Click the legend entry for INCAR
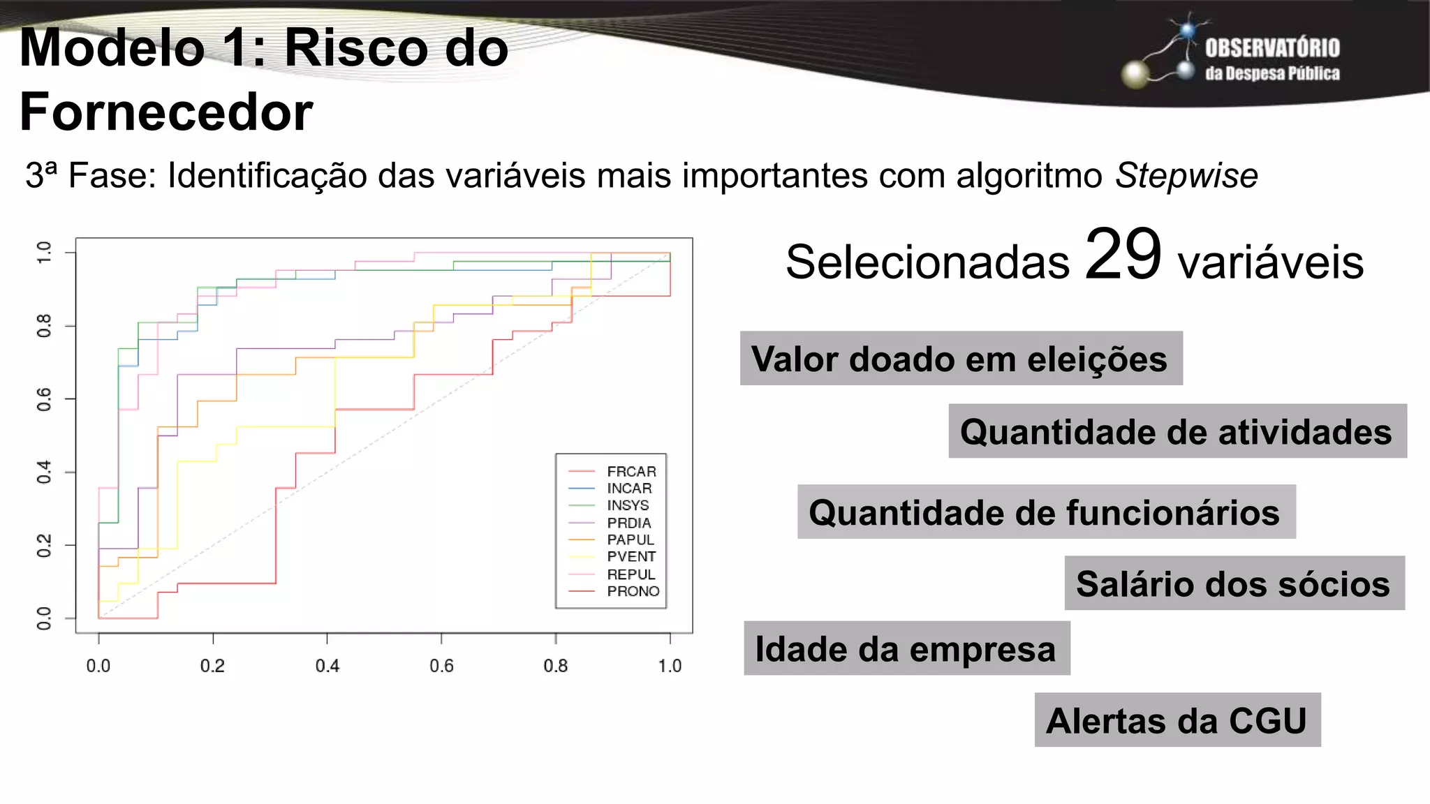point(628,489)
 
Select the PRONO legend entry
point(632,591)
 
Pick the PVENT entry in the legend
point(631,556)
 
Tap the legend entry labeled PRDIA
point(628,523)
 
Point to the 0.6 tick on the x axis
point(441,666)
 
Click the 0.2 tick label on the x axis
point(212,666)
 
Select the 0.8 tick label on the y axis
point(44,326)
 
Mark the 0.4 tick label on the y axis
point(44,472)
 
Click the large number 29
point(1123,255)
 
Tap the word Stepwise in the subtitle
point(1186,175)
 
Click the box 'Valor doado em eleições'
point(961,359)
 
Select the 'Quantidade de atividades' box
point(1177,431)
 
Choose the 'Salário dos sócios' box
point(1234,583)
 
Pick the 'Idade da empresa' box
point(906,648)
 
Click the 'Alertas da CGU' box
point(1177,720)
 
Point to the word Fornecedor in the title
point(166,112)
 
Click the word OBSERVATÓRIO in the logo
point(1272,48)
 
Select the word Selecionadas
point(927,262)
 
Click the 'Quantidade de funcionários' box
point(1046,512)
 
